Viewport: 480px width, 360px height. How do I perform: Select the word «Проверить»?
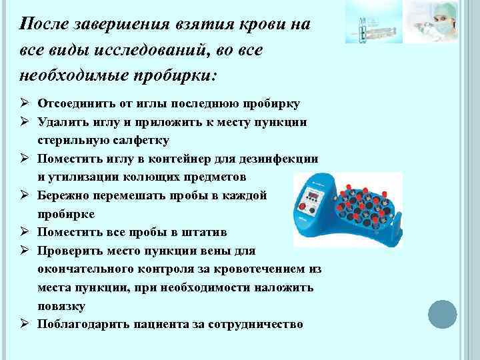click(69, 251)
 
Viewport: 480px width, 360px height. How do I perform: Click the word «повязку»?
click(61, 306)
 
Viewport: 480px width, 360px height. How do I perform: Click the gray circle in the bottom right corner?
click(441, 313)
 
